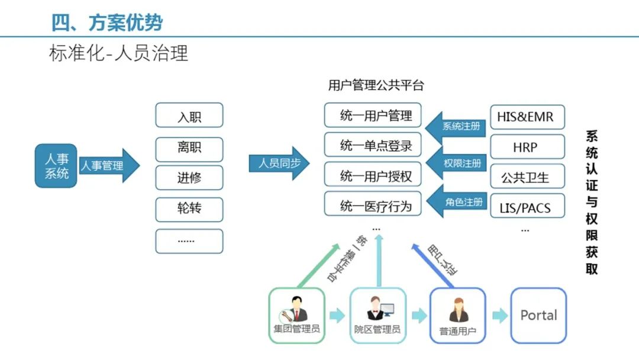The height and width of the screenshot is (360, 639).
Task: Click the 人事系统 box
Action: coord(56,166)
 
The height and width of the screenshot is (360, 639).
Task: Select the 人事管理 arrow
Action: coord(106,166)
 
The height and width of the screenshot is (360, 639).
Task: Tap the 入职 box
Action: coord(189,115)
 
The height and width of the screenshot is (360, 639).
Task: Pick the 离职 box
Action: coord(189,147)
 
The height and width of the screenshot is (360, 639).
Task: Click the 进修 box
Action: coord(189,178)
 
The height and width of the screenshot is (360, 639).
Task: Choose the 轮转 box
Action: coord(189,209)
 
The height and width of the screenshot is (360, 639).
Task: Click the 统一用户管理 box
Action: coord(373,115)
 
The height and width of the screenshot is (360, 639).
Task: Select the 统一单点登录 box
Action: coord(373,146)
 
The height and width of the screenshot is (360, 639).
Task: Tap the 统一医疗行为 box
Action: coord(373,205)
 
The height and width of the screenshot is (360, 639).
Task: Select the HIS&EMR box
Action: coord(527,117)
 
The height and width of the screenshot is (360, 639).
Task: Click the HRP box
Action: coord(527,146)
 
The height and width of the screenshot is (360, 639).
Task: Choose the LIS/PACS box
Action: coord(527,208)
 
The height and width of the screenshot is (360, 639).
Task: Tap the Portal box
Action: coord(538,316)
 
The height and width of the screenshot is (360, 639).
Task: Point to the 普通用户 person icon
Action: coord(458,309)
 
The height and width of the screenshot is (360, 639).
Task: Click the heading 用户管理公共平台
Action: coord(376,85)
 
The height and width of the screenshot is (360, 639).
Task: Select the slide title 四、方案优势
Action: coord(107,22)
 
